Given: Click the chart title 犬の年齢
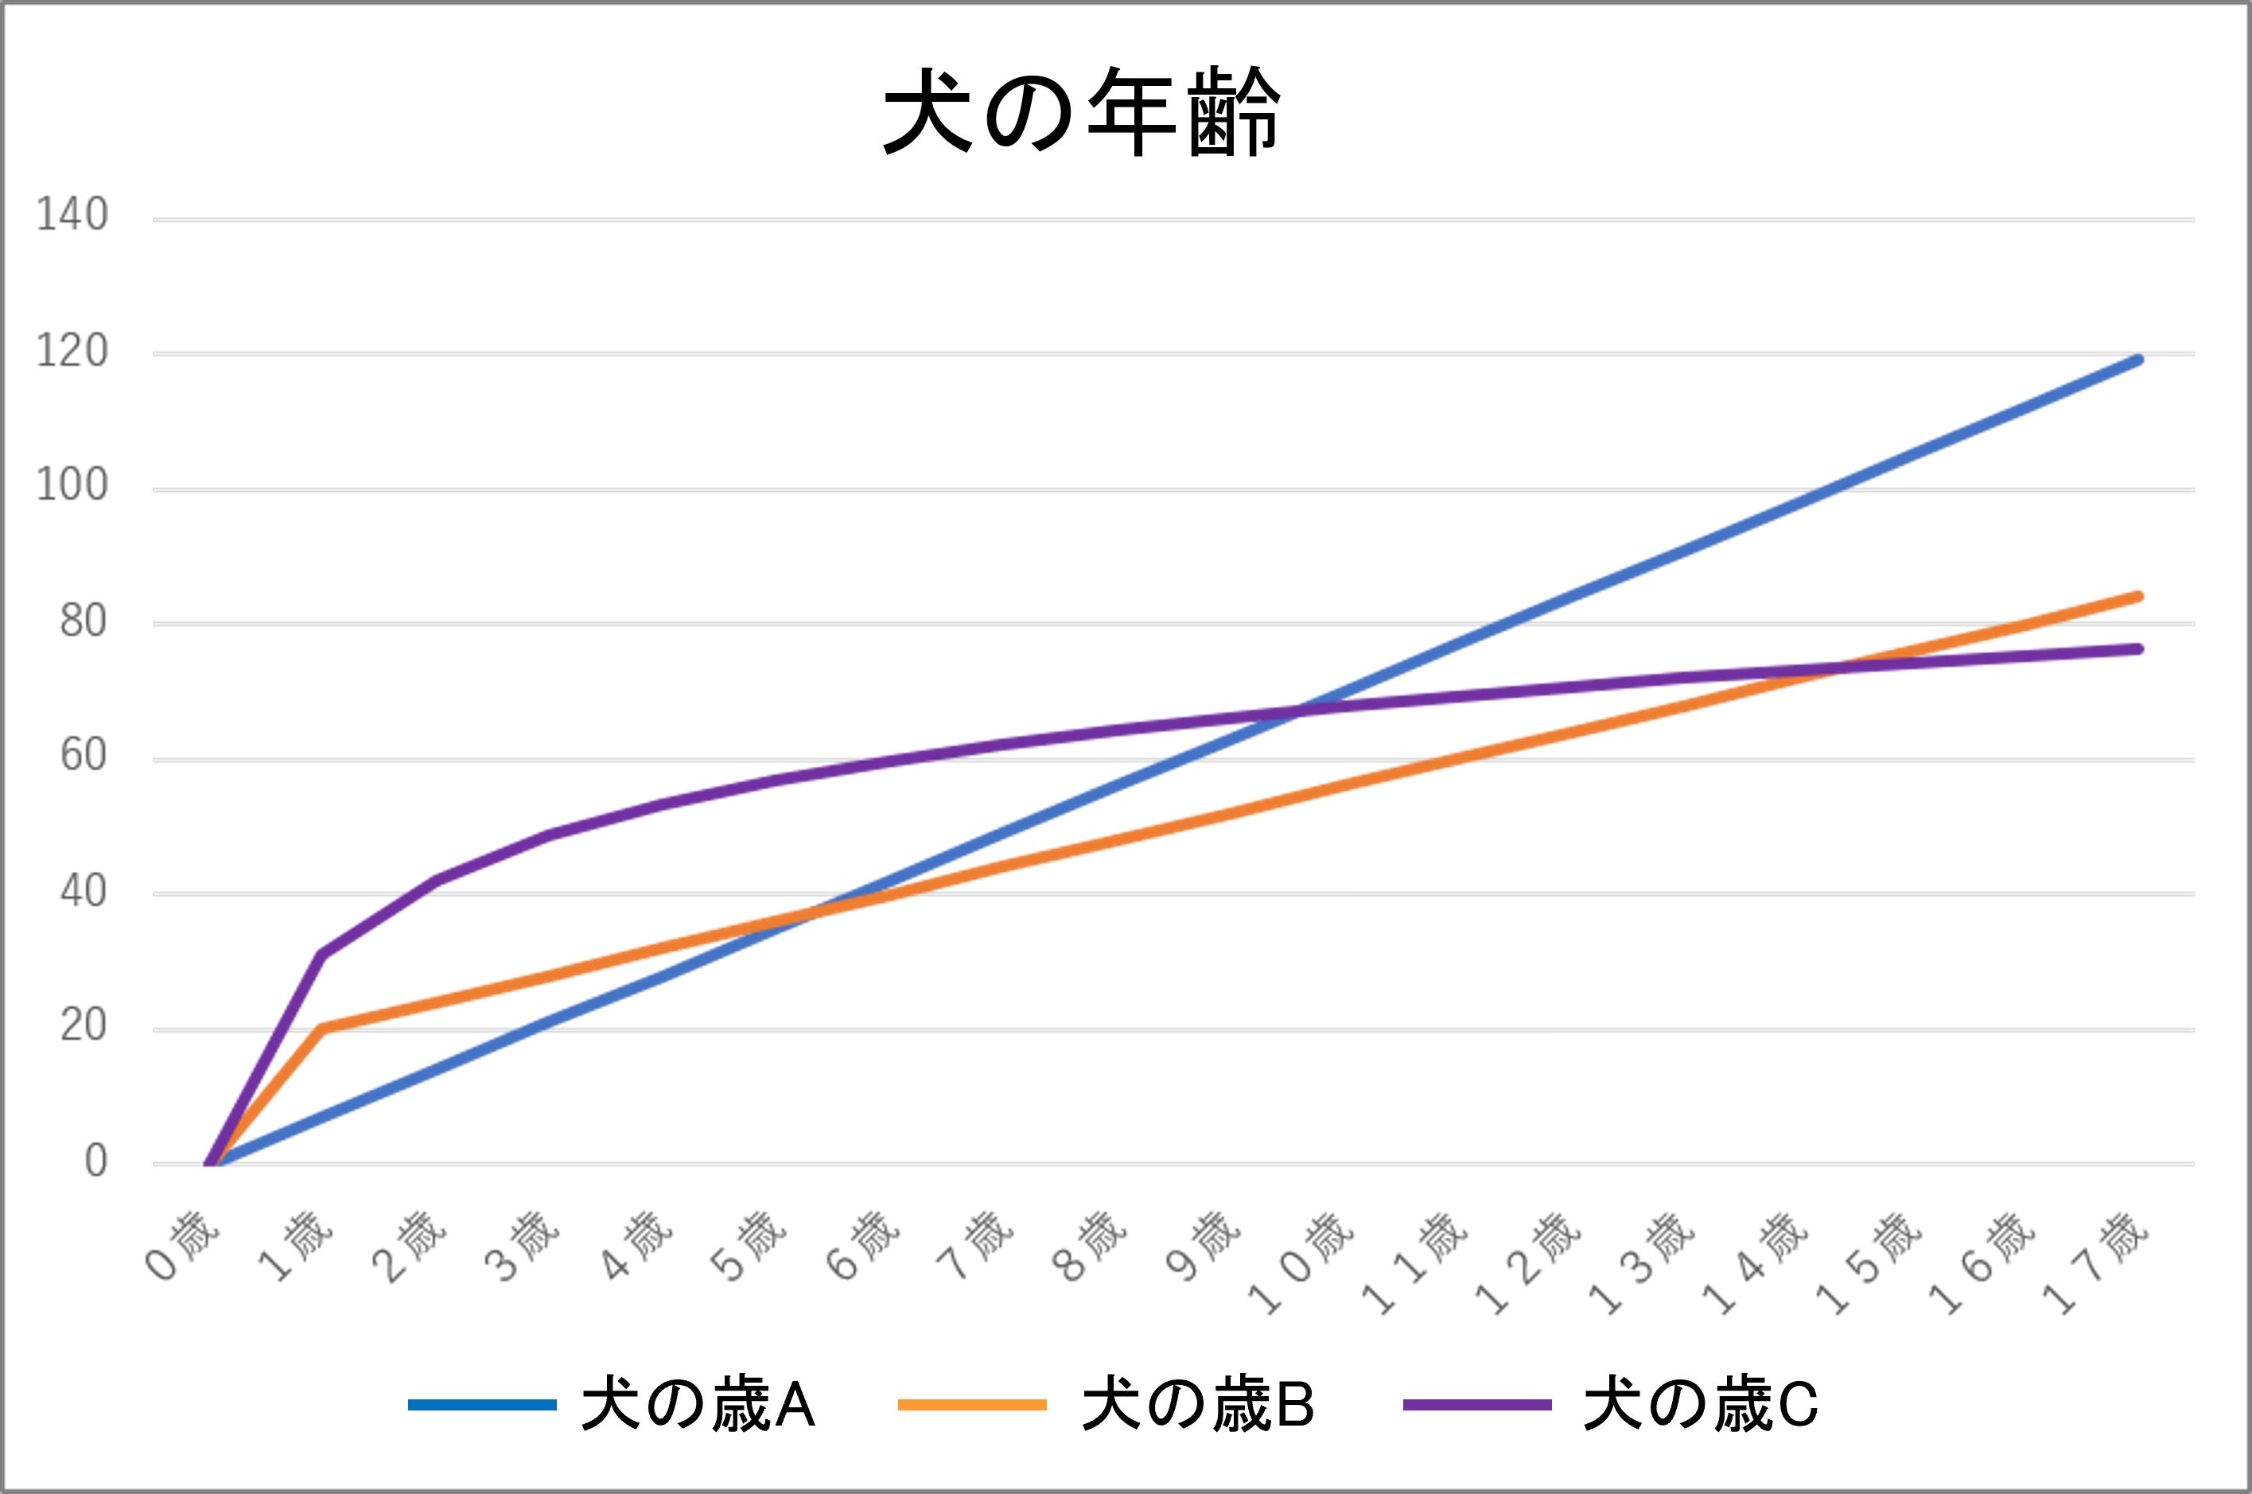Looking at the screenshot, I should [1083, 112].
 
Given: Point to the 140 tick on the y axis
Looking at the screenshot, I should [72, 216].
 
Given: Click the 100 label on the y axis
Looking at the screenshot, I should [72, 486].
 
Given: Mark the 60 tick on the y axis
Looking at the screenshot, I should [82, 757].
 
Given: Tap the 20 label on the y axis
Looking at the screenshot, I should [82, 1027].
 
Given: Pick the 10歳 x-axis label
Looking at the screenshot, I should [1301, 1262].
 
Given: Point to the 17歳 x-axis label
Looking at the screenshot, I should [2096, 1262].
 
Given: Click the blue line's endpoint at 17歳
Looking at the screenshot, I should [2138, 360].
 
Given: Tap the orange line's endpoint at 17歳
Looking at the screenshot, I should [2138, 597].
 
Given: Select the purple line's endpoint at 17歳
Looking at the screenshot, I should [2138, 649].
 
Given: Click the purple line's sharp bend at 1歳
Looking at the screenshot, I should [322, 954].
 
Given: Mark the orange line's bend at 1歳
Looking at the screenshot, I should [322, 1028].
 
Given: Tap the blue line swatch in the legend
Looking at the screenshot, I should [482, 1404].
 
